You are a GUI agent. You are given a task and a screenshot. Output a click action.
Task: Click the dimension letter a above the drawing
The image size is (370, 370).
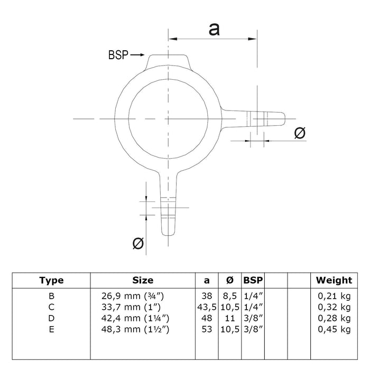click(x=214, y=30)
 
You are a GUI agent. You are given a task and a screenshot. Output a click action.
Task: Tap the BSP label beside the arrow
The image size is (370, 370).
click(x=118, y=55)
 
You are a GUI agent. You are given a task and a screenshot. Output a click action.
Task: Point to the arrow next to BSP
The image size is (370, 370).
click(x=137, y=55)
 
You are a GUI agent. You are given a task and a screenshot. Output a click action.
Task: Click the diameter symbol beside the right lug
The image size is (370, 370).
click(x=300, y=133)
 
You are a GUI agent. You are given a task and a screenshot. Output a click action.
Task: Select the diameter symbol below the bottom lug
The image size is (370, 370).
click(x=138, y=243)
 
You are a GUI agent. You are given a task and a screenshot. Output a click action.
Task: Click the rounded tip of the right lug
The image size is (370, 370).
click(x=284, y=119)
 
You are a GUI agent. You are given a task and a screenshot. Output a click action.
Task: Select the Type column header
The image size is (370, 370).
click(x=51, y=280)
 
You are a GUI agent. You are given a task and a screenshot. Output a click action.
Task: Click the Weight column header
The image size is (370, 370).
click(x=334, y=280)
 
